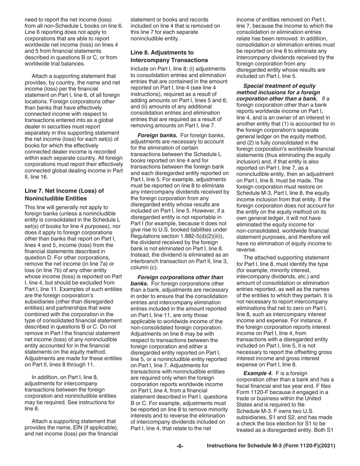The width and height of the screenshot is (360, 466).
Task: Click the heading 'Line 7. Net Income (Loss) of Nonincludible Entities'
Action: [64, 194]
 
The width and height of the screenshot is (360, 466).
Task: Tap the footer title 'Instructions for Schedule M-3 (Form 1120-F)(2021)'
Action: [271, 446]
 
